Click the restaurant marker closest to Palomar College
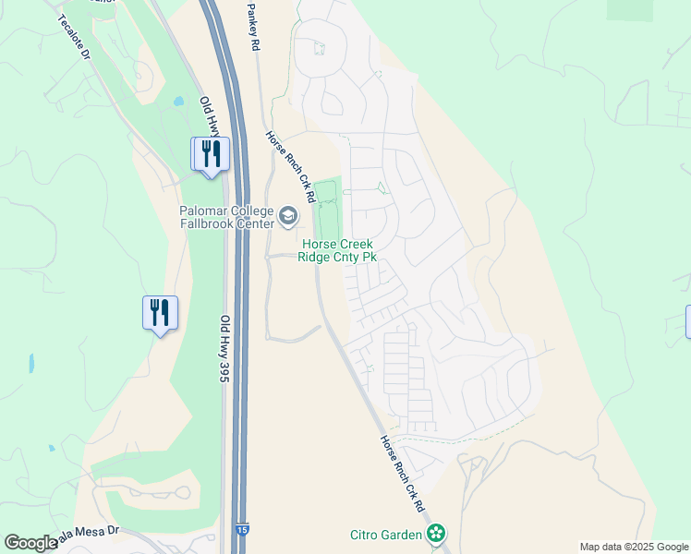click(x=210, y=153)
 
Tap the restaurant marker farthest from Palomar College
click(x=160, y=313)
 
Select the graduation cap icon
click(x=288, y=218)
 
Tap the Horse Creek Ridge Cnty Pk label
click(x=337, y=250)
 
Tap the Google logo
click(x=30, y=543)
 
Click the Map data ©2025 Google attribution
click(x=633, y=547)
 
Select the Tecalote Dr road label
click(x=75, y=37)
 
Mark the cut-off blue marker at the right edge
click(x=688, y=321)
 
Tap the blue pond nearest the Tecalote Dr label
click(x=177, y=101)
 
